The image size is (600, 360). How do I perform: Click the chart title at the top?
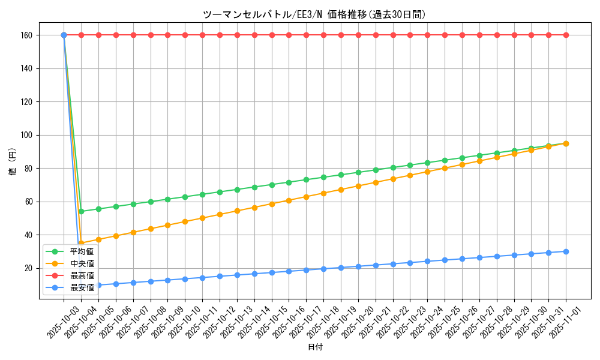click(314, 15)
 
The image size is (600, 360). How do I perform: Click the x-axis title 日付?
click(315, 347)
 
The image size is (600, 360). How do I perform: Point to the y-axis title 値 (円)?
click(12, 161)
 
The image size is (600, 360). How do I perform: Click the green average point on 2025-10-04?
click(81, 211)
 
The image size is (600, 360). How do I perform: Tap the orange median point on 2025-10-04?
click(81, 243)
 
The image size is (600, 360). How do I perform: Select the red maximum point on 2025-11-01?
click(566, 35)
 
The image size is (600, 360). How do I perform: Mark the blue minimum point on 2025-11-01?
click(566, 251)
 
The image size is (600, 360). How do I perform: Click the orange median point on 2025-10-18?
click(323, 193)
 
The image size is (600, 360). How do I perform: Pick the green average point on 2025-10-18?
click(323, 177)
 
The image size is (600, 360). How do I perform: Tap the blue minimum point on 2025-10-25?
click(445, 260)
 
